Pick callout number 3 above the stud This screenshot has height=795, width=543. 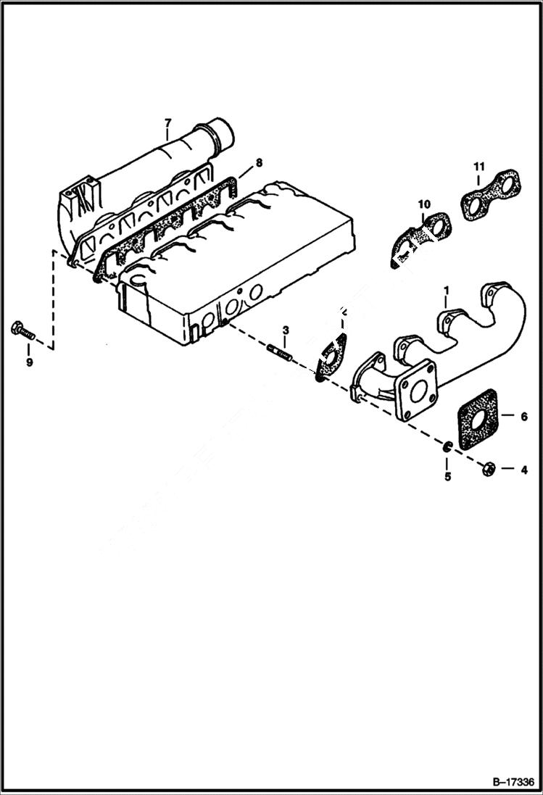286,330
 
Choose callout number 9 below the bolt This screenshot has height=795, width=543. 30,362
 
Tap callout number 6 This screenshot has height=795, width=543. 523,416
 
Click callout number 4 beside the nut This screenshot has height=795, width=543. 523,470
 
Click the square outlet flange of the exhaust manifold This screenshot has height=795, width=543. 416,392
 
